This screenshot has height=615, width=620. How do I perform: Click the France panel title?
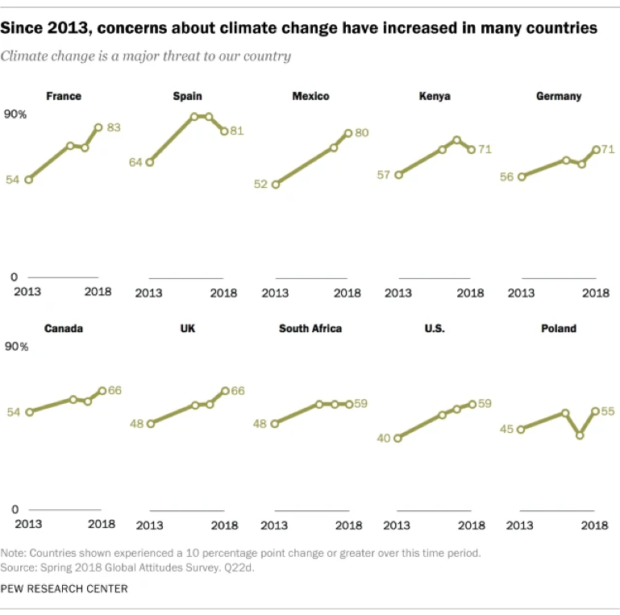(x=64, y=96)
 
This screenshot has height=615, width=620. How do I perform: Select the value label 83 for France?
(x=114, y=127)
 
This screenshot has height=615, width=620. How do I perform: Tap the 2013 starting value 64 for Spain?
(x=135, y=162)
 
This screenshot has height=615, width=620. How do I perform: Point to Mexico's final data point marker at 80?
(x=348, y=133)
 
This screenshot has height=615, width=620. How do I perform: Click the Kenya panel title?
(x=435, y=96)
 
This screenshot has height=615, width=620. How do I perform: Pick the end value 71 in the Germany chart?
(x=609, y=149)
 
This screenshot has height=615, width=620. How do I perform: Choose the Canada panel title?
(x=64, y=328)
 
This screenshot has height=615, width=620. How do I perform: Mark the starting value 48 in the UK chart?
(x=135, y=423)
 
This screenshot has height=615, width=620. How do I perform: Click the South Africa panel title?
(x=310, y=328)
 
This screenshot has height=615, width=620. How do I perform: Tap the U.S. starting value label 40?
(x=385, y=438)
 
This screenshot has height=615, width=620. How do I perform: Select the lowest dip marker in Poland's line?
(x=580, y=435)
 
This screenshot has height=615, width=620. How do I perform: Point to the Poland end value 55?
(x=608, y=410)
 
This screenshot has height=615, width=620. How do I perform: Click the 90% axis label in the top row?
(x=16, y=114)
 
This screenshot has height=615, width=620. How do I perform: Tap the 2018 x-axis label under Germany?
(x=596, y=293)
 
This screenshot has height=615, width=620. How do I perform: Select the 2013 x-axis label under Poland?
(x=521, y=526)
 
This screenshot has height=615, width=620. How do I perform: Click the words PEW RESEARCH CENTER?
(x=64, y=589)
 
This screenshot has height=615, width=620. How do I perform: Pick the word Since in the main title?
(x=22, y=28)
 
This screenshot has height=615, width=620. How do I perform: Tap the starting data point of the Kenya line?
(x=398, y=174)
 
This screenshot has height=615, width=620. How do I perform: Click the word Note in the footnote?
(x=13, y=554)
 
